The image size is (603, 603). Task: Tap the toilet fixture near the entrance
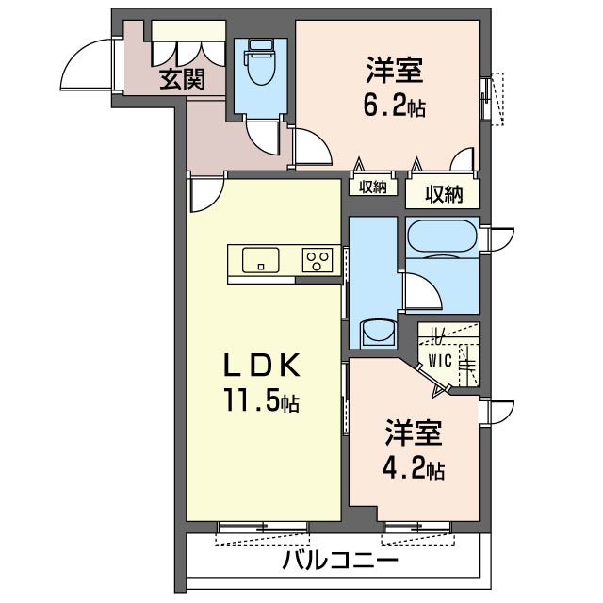tap(257, 68)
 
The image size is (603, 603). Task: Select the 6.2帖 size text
tap(394, 106)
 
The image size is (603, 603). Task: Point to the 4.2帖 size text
tap(413, 467)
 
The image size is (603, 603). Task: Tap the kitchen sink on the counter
tap(260, 259)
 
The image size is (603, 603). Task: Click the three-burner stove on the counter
tap(318, 260)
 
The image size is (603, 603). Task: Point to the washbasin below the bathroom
tap(380, 332)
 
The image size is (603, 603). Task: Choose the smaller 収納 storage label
tap(372, 187)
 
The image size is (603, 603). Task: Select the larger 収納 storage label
tap(443, 195)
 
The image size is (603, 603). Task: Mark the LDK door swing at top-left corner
tap(203, 196)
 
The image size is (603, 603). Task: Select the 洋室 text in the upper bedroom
tap(395, 71)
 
